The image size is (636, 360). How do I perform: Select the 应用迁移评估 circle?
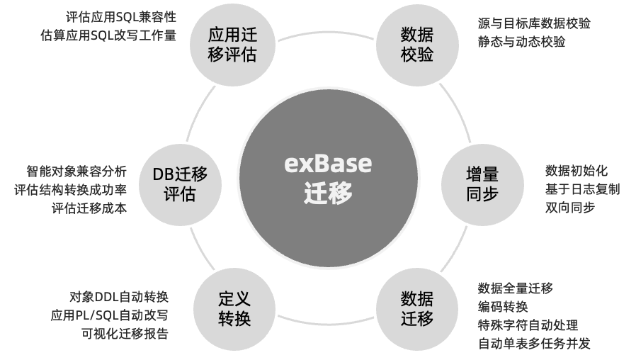tap(232, 45)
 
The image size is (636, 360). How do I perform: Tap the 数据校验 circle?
tap(416, 45)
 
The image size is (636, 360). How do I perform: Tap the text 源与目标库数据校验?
tap(534, 23)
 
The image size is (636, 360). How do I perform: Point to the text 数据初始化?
tap(576, 171)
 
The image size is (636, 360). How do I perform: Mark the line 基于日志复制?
tap(582, 189)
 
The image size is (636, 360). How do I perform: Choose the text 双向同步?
tap(569, 208)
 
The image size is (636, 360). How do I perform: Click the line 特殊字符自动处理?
tap(528, 325)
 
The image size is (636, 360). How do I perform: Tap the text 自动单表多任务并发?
tap(534, 344)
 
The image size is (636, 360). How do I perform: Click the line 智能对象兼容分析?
tap(76, 171)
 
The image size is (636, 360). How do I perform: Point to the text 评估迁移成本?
tap(89, 208)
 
